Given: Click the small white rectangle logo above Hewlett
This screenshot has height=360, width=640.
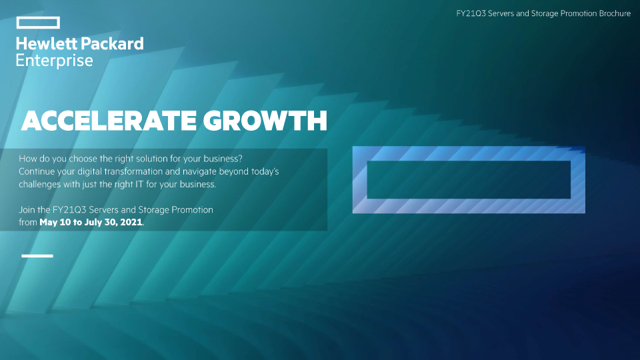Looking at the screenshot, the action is pos(38,17).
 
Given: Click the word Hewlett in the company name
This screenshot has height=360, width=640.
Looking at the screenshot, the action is pos(46,44).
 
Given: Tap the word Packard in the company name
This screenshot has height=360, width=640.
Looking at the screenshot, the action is pos(112,44).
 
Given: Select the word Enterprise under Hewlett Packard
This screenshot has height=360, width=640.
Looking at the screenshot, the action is pos(54,61).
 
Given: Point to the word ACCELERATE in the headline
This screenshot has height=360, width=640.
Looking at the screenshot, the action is pos(109,121).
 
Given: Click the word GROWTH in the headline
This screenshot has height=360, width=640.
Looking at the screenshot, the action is pos(265,121).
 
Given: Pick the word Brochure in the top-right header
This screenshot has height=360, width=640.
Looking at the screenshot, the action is pos(615,13).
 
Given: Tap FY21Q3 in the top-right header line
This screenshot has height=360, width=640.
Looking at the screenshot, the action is pos(471,13).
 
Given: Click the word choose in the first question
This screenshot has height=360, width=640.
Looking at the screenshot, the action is pos(83,159).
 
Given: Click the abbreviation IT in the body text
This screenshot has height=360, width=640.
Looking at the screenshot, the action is pos(139,185).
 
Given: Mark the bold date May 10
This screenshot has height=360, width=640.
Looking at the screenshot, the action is pos(55,223).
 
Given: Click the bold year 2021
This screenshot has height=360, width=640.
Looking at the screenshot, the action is pos(131,223).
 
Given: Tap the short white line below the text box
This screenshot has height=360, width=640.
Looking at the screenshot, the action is pos(37,256).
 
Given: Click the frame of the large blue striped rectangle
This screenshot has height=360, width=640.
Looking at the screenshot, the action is pos(469,153).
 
